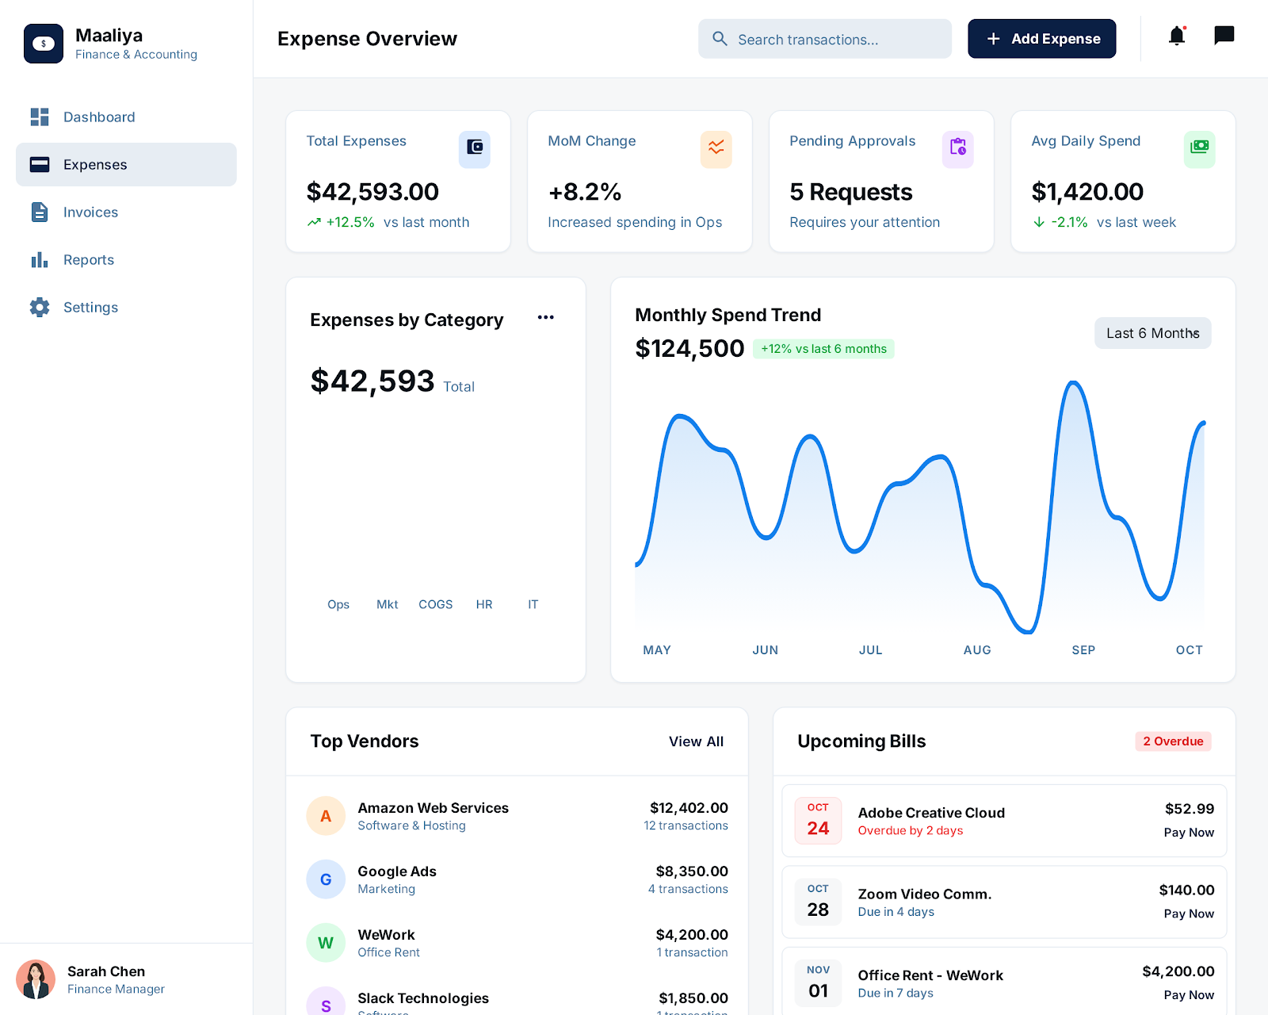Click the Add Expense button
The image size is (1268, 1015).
1041,39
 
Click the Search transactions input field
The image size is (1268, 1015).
824,40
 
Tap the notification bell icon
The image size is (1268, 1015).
1176,36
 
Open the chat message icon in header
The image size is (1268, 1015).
1224,36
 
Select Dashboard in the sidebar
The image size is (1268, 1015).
98,117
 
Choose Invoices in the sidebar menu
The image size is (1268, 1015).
90,213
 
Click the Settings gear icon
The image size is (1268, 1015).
40,308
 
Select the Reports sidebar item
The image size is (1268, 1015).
88,260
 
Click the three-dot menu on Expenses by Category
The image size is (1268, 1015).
545,318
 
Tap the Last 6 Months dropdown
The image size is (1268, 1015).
1152,333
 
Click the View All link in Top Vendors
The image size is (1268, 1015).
696,741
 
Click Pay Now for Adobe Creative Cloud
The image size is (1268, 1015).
1188,833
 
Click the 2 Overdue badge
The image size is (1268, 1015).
1172,741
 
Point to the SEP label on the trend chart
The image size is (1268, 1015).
1083,650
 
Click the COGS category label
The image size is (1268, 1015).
435,604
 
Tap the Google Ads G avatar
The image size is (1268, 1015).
326,879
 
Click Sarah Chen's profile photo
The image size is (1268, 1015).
36,979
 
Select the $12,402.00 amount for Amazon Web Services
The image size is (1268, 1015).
688,808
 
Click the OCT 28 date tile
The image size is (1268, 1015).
818,902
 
